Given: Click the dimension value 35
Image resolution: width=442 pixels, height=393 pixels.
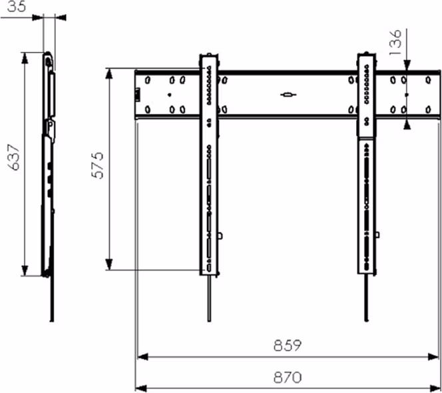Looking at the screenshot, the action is (17, 6).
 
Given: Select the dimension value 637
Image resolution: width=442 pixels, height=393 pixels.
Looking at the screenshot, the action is (14, 157).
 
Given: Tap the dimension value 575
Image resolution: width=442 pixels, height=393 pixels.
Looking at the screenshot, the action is (98, 165).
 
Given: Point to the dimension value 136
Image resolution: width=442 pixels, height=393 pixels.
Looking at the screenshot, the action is (395, 42).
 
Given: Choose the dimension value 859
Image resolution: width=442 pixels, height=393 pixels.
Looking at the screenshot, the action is (288, 345).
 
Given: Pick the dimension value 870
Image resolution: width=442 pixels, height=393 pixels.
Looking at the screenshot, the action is (288, 377).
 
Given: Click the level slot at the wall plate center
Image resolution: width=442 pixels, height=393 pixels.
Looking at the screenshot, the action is (288, 95).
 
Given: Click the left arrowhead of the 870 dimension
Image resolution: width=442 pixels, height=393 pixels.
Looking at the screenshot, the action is (142, 388).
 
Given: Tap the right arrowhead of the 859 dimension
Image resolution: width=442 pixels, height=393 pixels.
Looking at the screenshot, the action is (433, 357).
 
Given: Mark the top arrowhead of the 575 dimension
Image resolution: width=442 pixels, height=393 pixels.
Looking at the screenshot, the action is (109, 73).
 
